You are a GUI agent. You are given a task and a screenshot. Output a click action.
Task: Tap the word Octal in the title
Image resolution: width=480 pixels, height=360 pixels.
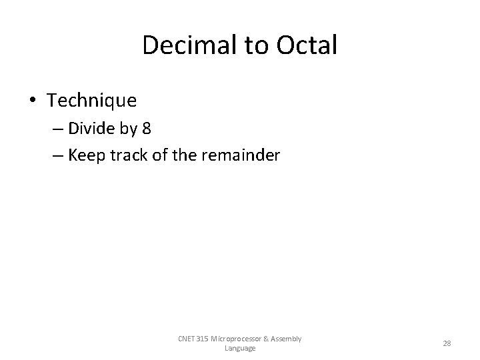[305, 46]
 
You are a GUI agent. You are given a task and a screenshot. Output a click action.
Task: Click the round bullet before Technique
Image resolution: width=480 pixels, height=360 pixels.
[33, 101]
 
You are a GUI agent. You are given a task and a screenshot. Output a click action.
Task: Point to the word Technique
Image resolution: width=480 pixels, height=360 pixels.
[92, 101]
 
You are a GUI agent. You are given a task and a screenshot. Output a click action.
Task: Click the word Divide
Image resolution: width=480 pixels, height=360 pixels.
[91, 129]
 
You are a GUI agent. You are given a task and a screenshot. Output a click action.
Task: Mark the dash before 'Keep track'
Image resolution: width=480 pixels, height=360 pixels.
[57, 156]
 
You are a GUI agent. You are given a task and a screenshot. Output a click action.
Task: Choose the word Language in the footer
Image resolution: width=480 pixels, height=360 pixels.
[240, 348]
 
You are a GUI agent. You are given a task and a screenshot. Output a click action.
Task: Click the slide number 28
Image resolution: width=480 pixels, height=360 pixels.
[447, 343]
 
